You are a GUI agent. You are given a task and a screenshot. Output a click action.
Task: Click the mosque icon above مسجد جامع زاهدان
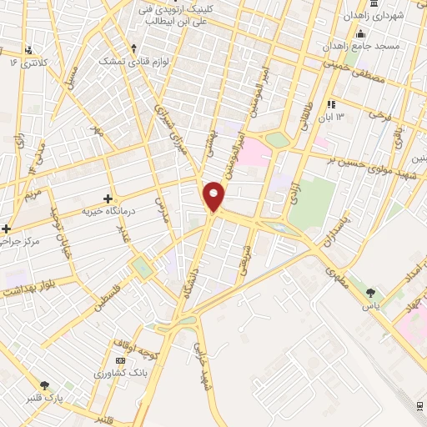360,34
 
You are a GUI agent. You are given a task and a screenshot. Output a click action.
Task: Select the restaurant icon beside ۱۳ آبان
331,105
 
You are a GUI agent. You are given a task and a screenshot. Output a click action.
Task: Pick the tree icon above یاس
370,293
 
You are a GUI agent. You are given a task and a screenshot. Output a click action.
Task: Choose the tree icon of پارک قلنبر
45,385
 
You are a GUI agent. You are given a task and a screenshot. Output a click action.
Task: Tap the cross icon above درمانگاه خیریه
108,198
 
